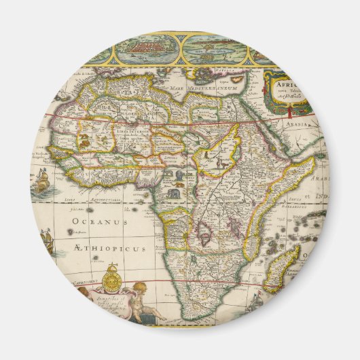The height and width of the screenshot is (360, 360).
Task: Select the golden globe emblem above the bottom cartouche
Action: [113, 281]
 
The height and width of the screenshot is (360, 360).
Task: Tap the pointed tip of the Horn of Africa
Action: [314, 160]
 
